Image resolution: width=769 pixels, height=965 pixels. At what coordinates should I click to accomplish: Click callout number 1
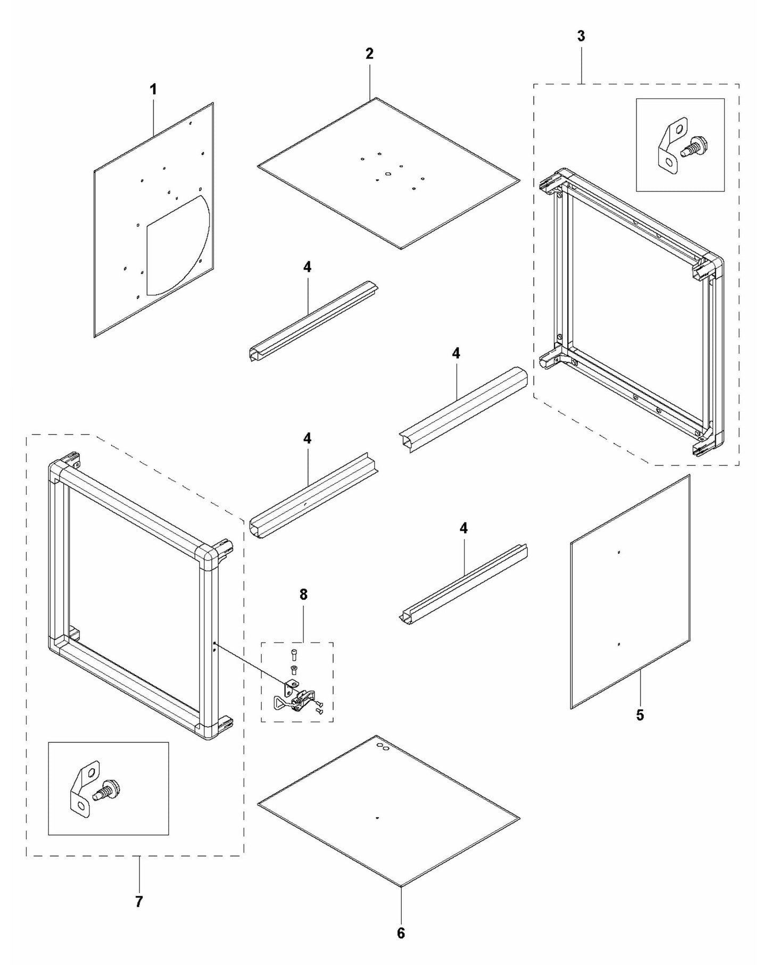[x=153, y=89]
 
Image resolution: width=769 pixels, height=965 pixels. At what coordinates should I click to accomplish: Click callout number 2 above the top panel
[x=369, y=53]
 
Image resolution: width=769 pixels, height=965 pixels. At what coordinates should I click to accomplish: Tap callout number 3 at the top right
[x=581, y=36]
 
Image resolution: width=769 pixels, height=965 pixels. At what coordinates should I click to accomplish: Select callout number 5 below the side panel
[x=640, y=715]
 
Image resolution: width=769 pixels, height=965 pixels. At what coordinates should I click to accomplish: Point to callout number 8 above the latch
[x=303, y=595]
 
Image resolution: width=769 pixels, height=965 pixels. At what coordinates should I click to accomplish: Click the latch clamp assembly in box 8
[x=295, y=698]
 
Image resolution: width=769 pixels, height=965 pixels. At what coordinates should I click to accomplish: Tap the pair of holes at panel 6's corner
[x=383, y=747]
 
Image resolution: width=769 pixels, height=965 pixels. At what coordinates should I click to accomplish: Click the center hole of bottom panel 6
[x=377, y=818]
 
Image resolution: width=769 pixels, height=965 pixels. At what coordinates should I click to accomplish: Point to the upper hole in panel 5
[x=618, y=553]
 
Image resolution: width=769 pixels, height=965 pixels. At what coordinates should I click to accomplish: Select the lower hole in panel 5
[x=618, y=644]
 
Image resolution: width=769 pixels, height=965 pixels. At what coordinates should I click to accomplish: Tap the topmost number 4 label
[x=307, y=267]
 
